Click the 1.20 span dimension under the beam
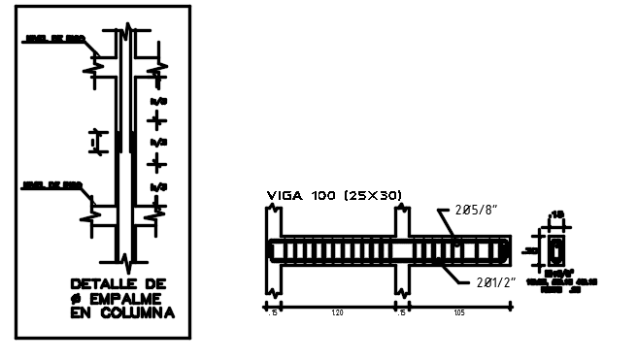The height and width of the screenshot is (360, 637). click(x=336, y=314)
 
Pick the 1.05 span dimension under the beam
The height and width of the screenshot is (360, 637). click(x=460, y=314)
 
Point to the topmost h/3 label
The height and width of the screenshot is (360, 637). click(x=157, y=100)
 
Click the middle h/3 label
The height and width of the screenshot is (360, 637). click(x=157, y=142)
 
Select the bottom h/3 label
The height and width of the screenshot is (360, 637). click(x=157, y=185)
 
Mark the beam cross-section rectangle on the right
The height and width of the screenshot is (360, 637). click(x=555, y=251)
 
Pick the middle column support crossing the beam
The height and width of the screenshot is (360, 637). click(x=401, y=252)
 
